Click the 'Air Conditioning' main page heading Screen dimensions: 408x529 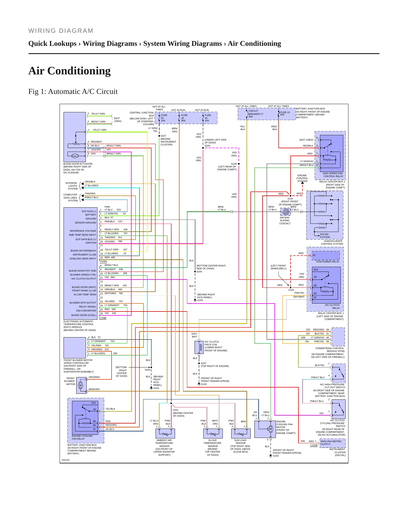(69, 71)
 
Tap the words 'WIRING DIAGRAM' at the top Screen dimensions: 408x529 (61, 31)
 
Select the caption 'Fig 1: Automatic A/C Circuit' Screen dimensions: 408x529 (73, 92)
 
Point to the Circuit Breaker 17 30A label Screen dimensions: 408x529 (256, 114)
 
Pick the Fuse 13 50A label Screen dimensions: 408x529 (285, 113)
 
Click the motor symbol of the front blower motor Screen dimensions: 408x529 (80, 385)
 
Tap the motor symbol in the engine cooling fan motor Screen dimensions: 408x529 (270, 429)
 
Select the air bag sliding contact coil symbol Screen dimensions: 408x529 (285, 212)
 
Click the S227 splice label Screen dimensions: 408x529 (163, 136)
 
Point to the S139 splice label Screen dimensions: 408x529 (234, 164)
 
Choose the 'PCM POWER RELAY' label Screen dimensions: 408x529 (328, 262)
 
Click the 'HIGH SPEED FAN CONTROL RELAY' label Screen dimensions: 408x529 (333, 175)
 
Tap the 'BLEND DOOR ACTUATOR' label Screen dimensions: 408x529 (78, 164)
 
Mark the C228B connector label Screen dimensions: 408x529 (102, 318)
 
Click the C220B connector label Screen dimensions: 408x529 (314, 445)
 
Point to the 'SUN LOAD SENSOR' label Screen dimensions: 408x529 (240, 442)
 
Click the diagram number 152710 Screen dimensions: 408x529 (66, 460)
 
